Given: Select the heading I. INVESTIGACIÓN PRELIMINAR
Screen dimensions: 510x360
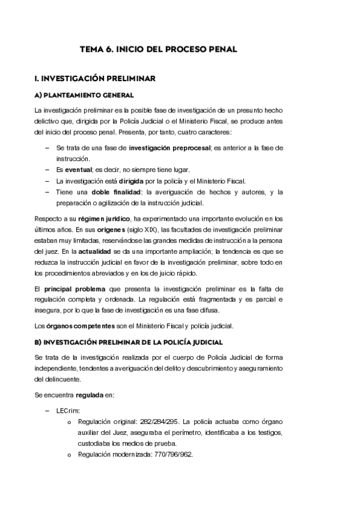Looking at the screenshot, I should pyautogui.click(x=96, y=78).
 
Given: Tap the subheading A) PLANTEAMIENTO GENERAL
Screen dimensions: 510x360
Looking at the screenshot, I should pyautogui.click(x=84, y=96).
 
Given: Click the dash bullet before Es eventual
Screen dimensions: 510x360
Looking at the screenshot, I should pyautogui.click(x=47, y=170).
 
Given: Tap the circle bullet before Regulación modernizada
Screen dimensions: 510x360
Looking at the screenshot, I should pyautogui.click(x=69, y=455).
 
